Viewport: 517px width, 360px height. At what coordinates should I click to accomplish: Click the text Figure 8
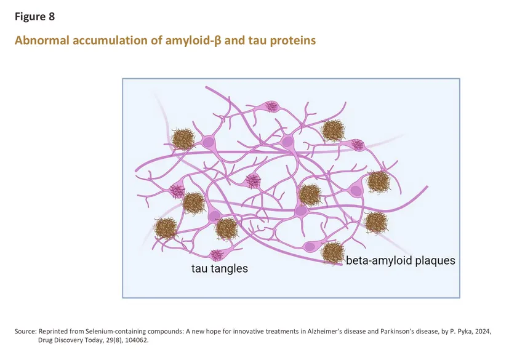click(x=34, y=17)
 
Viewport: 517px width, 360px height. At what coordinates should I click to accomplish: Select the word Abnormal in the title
click(x=42, y=40)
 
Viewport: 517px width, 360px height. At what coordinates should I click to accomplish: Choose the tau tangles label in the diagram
click(x=220, y=268)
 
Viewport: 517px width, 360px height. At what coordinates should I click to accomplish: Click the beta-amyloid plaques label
click(x=401, y=260)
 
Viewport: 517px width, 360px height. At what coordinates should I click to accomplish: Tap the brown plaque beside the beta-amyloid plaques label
click(x=333, y=252)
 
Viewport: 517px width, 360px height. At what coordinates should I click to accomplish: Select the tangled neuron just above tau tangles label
click(x=217, y=255)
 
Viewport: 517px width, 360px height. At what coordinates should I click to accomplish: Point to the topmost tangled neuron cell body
click(x=271, y=106)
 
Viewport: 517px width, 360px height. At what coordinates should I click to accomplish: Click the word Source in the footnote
click(x=25, y=331)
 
